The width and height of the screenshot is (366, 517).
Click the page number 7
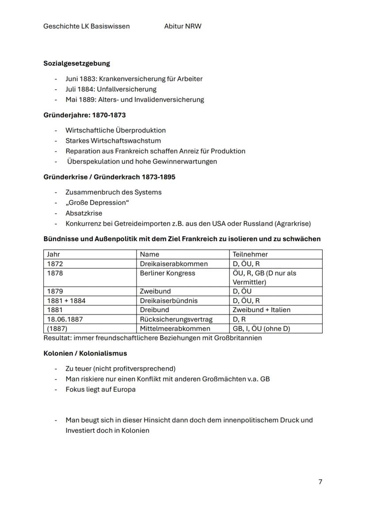(x=320, y=482)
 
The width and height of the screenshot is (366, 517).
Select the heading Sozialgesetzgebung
(x=76, y=63)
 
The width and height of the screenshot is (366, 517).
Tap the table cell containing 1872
(x=55, y=264)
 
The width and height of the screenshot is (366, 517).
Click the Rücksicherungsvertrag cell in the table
(x=176, y=319)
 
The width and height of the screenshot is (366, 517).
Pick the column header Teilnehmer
(x=250, y=254)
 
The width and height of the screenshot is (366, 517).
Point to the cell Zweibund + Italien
(x=261, y=310)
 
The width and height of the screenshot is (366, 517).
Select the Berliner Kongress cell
(x=167, y=273)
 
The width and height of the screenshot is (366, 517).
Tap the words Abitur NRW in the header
(x=183, y=26)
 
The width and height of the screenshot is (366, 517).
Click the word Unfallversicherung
(x=126, y=89)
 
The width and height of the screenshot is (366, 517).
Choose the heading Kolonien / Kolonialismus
(x=85, y=353)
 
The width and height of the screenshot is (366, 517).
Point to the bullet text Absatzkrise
(x=84, y=213)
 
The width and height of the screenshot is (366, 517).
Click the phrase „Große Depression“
(x=94, y=203)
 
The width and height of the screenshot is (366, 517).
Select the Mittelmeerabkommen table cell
(x=175, y=328)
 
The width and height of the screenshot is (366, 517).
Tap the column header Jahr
(x=53, y=254)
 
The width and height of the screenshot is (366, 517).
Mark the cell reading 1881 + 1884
(x=66, y=301)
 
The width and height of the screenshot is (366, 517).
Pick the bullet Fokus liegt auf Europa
(x=100, y=389)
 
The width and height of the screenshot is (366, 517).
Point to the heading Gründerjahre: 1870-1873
(x=84, y=115)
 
